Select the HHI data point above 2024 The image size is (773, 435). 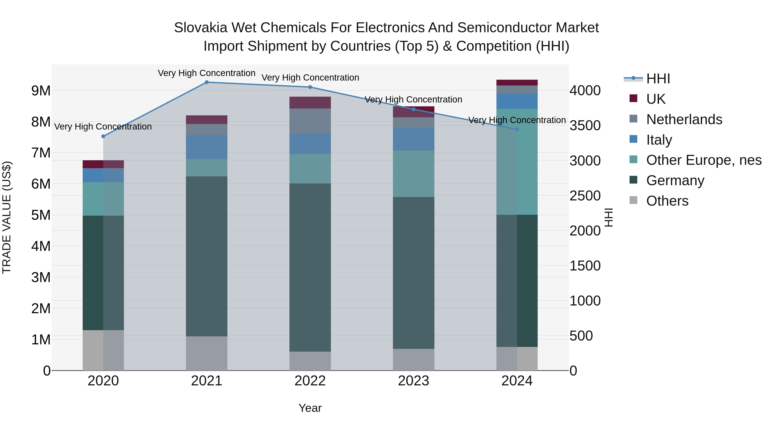coord(517,129)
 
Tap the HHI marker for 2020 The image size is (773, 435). coord(103,136)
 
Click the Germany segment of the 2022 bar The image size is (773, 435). coord(310,267)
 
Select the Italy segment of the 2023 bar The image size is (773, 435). coord(414,139)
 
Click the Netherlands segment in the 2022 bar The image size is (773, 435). coord(310,121)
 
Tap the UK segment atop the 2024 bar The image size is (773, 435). coord(517,82)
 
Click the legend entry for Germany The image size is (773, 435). coord(675,181)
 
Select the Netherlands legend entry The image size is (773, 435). coord(684,119)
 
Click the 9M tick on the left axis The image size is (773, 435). coord(41,91)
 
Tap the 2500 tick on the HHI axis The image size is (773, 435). coord(585,196)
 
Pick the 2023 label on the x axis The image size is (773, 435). coord(414,381)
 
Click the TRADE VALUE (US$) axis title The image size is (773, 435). coord(7,217)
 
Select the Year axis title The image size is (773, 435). coord(310,408)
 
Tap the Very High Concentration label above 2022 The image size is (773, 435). coord(310,78)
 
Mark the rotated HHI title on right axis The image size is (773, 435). coord(609,217)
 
